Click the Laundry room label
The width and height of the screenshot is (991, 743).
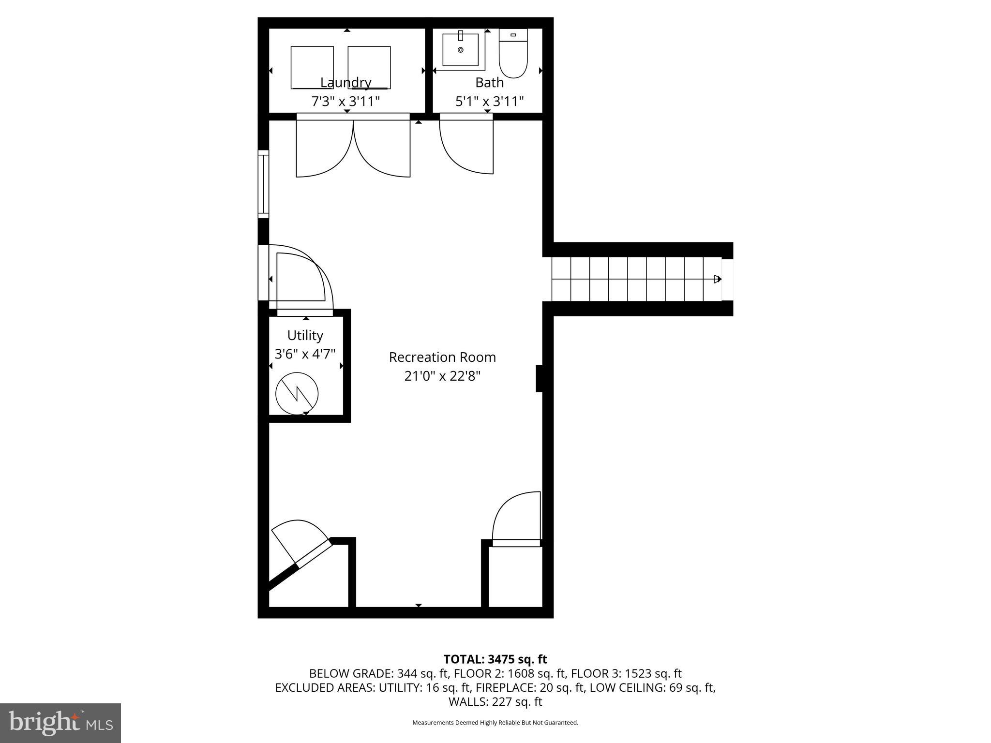[345, 83]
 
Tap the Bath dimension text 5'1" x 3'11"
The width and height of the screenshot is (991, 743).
[489, 102]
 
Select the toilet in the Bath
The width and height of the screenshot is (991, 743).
[513, 54]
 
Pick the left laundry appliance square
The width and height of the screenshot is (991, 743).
[312, 67]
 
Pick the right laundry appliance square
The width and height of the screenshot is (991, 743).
[369, 67]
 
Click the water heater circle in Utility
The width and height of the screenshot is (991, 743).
[297, 393]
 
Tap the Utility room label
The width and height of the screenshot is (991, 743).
[305, 335]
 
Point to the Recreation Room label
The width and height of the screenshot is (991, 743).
[442, 357]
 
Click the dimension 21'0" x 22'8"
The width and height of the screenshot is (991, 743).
[442, 376]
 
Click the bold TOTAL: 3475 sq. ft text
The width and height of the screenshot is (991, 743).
[495, 659]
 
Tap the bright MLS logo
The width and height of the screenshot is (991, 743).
[60, 723]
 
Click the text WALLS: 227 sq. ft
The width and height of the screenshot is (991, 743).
[495, 701]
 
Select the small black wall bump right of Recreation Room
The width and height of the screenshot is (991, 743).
[539, 378]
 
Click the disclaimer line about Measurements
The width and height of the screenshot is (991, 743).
[495, 723]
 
